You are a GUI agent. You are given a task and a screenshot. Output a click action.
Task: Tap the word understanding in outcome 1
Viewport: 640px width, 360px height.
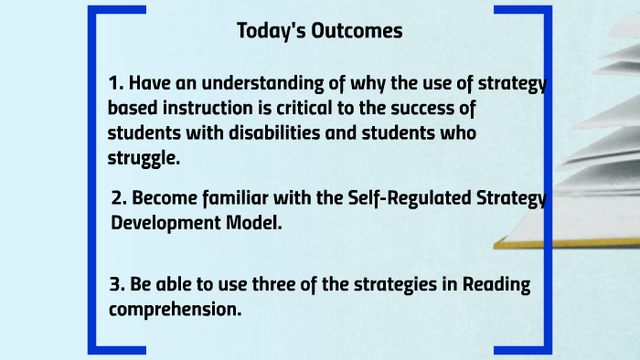pos(240,84)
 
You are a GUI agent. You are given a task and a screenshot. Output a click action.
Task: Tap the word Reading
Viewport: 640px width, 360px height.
pos(496,284)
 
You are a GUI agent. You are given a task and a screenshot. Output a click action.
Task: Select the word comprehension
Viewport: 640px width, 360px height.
pos(175,309)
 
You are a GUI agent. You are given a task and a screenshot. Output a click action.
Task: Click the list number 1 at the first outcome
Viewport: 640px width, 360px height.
pos(113,84)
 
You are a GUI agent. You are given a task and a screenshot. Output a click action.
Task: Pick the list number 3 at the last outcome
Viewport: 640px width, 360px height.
pos(115,284)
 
